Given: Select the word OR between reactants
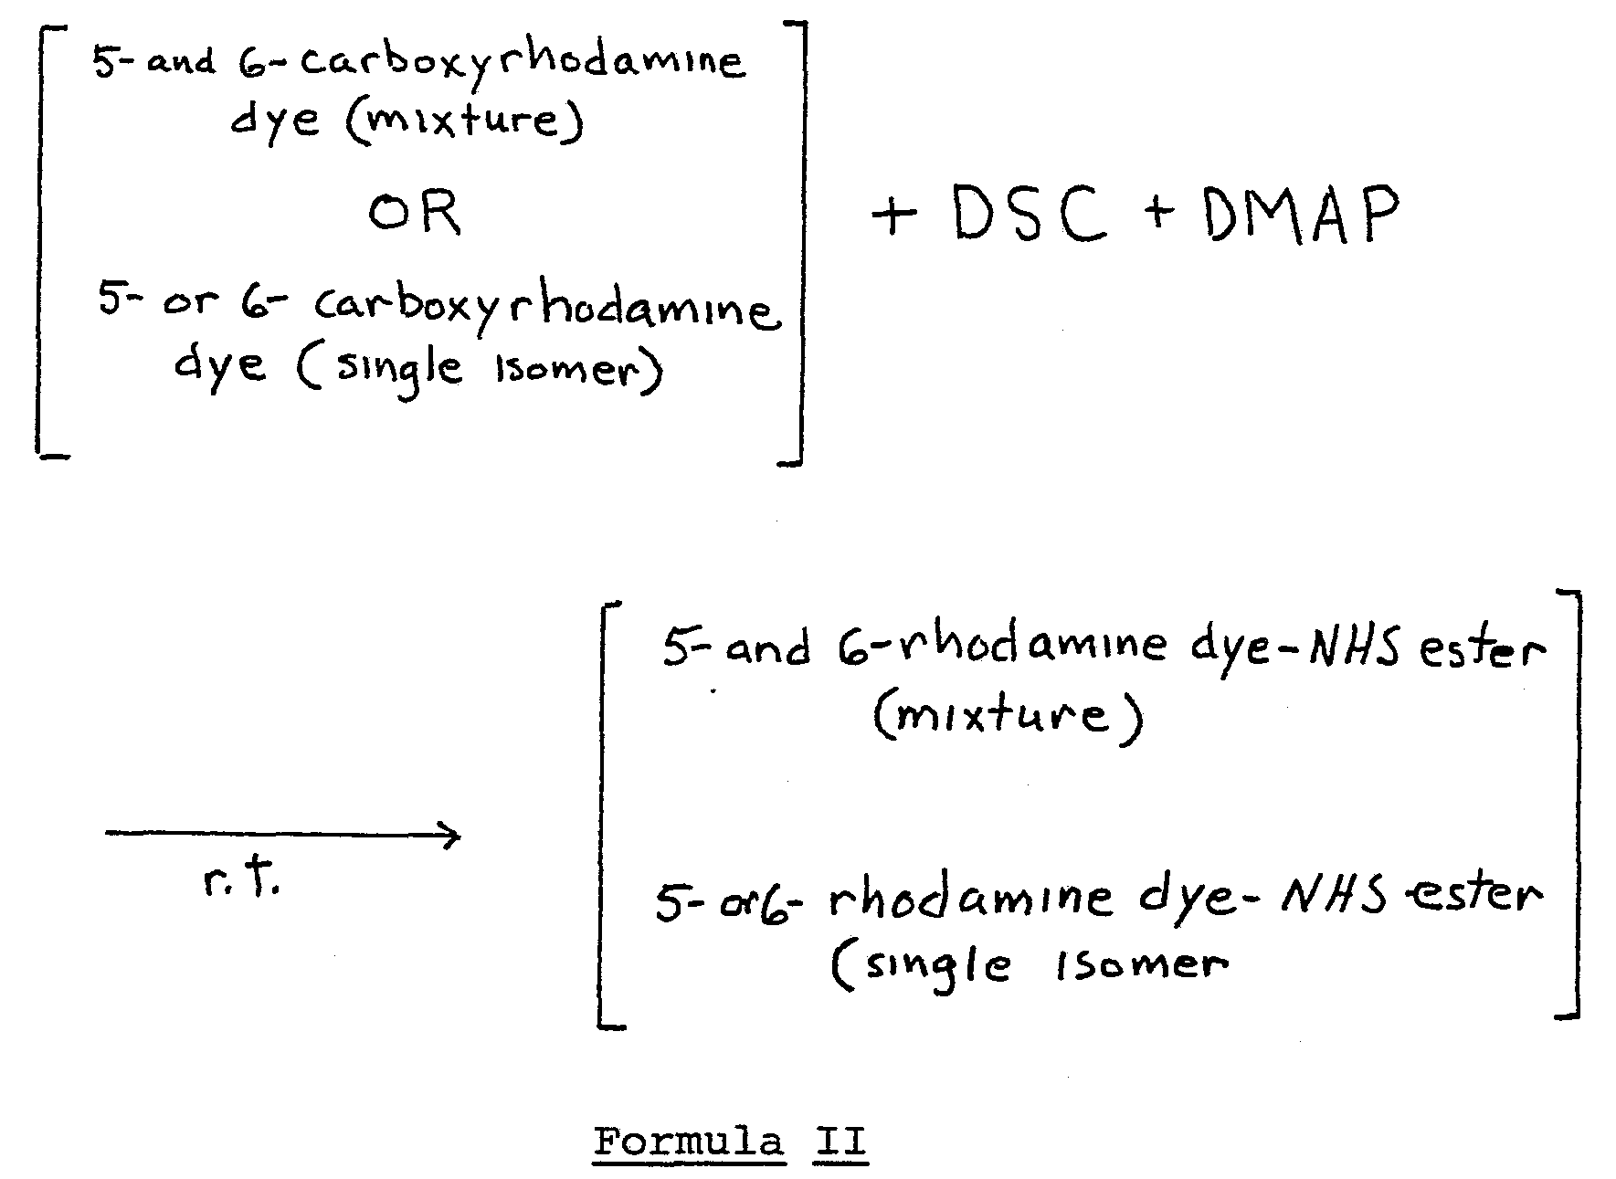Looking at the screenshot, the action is (x=415, y=214).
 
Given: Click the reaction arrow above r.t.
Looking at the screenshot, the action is (x=282, y=834).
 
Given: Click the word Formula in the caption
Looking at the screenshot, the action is (x=688, y=1142).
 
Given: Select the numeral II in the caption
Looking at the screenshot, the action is (x=839, y=1142).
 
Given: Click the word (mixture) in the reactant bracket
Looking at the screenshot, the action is (x=463, y=120).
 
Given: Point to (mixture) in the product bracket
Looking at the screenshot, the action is (x=1008, y=716).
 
